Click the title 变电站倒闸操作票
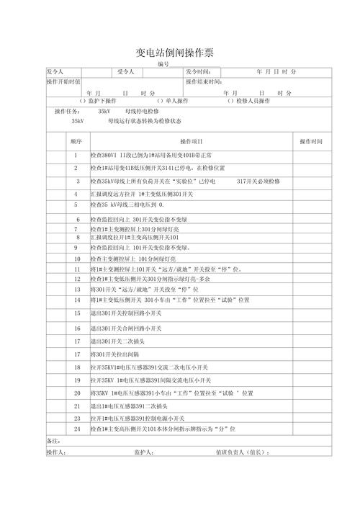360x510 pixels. pyautogui.click(x=174, y=53)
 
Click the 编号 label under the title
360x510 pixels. pyautogui.click(x=163, y=65)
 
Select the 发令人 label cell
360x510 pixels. pyautogui.click(x=55, y=72)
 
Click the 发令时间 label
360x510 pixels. pyautogui.click(x=197, y=72)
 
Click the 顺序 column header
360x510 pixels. pyautogui.click(x=76, y=141)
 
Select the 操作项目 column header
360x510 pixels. pyautogui.click(x=192, y=141)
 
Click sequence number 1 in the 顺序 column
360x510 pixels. pyautogui.click(x=76, y=156)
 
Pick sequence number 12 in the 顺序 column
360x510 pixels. pyautogui.click(x=76, y=279)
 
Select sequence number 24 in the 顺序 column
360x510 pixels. pyautogui.click(x=76, y=429)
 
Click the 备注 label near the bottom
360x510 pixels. pyautogui.click(x=53, y=440)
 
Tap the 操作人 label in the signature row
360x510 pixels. pyautogui.click(x=55, y=452)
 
